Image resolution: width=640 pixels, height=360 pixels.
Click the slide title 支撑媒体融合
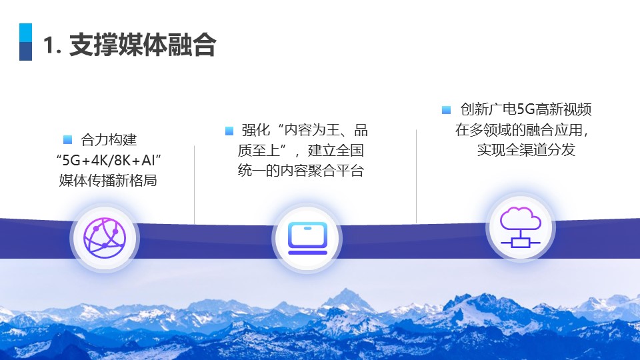143,45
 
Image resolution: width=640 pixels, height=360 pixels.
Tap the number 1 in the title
49,45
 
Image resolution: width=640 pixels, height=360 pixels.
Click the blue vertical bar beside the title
26,42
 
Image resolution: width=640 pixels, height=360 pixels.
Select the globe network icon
105,238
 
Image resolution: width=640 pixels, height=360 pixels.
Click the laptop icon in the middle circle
307,238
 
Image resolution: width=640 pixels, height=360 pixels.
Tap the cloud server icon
521,227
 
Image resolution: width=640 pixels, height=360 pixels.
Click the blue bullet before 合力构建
68,139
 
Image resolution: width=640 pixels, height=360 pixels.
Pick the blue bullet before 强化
229,131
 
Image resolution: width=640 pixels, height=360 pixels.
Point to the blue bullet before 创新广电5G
446,110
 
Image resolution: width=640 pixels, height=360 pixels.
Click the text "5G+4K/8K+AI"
109,160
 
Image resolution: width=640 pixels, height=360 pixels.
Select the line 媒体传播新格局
108,180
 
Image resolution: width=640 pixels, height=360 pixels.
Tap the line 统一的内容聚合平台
301,170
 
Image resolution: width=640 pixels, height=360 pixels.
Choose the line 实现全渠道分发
526,150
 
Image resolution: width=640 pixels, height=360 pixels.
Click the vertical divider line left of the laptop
194,185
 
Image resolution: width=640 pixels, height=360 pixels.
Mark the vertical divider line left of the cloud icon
416,176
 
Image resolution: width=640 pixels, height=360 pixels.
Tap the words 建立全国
336,150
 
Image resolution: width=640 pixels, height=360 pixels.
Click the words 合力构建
109,139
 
